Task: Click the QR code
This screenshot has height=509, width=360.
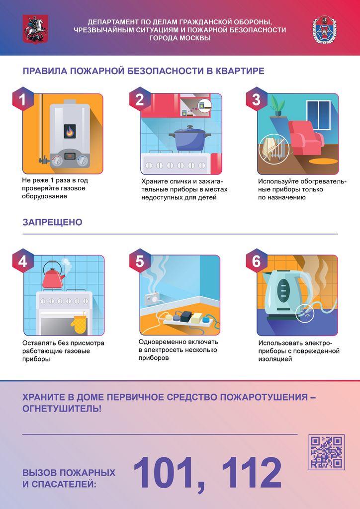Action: (326, 452)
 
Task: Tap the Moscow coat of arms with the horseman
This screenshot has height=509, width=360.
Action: (35, 29)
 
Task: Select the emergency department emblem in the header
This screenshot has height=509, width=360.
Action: (324, 29)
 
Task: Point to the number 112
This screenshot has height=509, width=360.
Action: (252, 473)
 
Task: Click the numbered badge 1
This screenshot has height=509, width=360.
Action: (23, 99)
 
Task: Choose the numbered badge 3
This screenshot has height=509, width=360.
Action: (257, 99)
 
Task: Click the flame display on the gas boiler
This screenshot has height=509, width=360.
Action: (70, 131)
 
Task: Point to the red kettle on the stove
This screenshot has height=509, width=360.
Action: (53, 275)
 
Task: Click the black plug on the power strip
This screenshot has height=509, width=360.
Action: (179, 315)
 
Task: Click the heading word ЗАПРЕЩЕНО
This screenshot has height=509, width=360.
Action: (52, 222)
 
